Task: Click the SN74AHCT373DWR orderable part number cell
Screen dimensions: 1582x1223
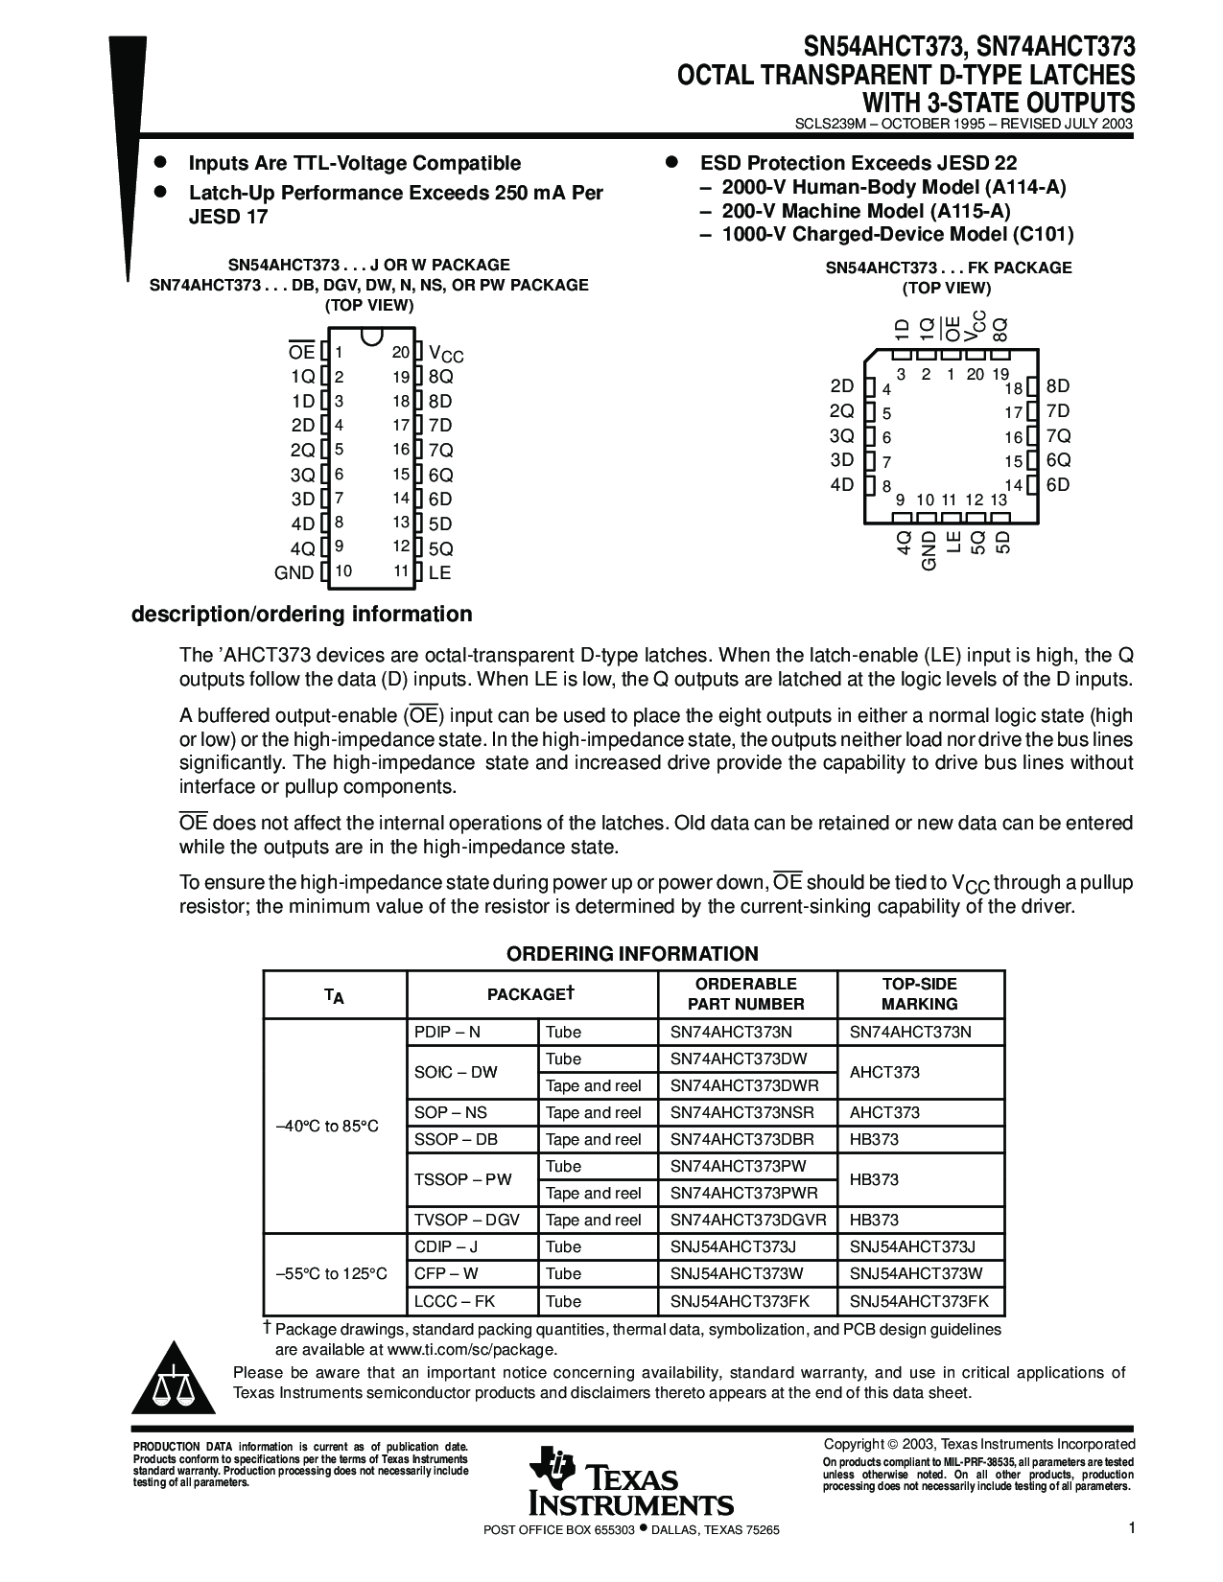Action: [744, 1085]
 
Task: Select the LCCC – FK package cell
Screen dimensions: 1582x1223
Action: [455, 1301]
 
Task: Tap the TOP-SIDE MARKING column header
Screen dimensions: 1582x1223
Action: [919, 994]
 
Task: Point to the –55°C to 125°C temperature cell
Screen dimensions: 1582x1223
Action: [332, 1274]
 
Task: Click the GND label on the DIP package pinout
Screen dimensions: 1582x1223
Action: [294, 573]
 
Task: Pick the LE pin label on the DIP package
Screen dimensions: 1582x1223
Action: [439, 573]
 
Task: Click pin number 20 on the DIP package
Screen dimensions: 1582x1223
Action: [401, 353]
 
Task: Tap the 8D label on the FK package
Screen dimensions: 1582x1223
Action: [1058, 386]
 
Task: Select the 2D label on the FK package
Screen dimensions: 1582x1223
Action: [841, 386]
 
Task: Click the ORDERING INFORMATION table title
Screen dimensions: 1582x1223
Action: [632, 954]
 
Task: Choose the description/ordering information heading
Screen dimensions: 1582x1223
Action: [301, 615]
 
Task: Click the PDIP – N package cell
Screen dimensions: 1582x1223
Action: [447, 1033]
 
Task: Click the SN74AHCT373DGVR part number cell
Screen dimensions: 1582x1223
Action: [748, 1221]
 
